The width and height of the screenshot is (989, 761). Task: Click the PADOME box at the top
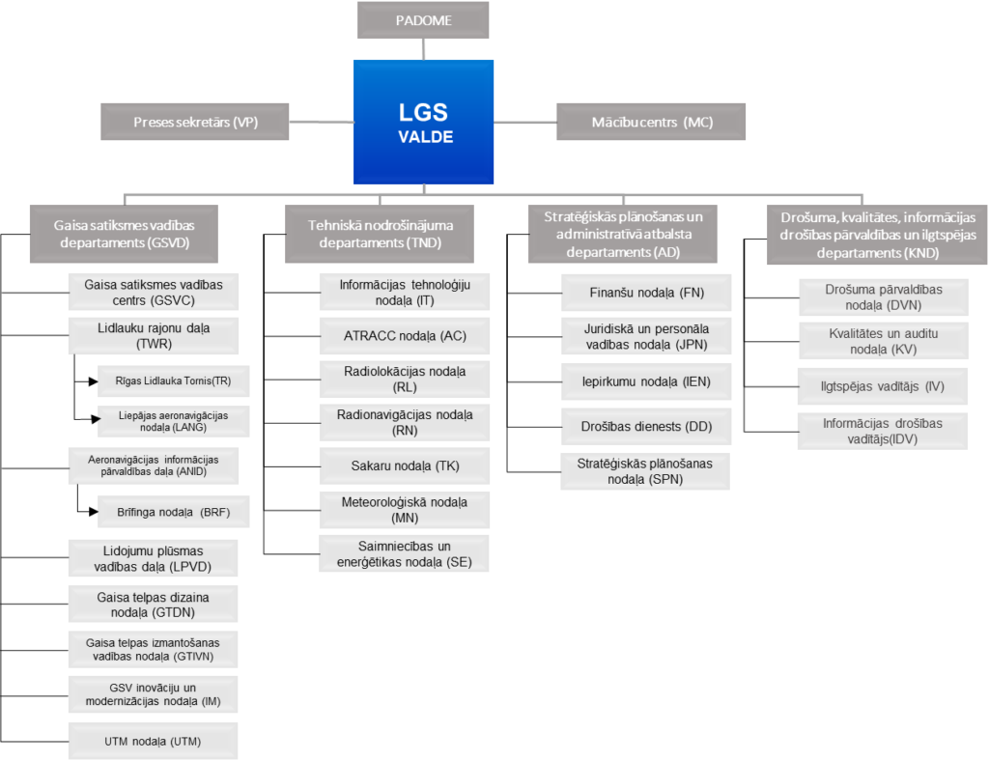[x=423, y=20]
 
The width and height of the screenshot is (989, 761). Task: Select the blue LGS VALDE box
[x=423, y=123]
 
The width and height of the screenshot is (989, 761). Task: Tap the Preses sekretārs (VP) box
[x=195, y=122]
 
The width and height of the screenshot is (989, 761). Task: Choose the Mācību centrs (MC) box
[x=651, y=122]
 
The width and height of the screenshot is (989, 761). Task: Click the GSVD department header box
[x=125, y=234]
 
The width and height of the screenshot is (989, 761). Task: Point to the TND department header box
[x=380, y=234]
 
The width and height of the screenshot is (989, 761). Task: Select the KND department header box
[x=877, y=236]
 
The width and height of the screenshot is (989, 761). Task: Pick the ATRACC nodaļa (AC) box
[x=405, y=336]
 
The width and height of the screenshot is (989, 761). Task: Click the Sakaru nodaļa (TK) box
[x=405, y=465]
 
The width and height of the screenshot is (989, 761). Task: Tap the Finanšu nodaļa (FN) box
[x=646, y=293]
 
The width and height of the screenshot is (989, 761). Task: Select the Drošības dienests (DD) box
[x=646, y=427]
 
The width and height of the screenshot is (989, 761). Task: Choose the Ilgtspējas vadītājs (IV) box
[x=883, y=386]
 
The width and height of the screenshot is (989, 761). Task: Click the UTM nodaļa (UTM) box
[x=154, y=742]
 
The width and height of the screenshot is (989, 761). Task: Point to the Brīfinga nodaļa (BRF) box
[x=174, y=512]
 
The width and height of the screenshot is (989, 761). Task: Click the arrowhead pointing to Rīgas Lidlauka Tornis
[x=94, y=381]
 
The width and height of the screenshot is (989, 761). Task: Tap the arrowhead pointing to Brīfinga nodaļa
[x=94, y=512]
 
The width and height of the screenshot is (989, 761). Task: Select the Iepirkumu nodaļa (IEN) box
[x=646, y=381]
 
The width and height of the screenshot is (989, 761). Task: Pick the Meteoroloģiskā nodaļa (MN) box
[x=405, y=510]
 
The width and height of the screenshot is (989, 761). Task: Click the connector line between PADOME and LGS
[x=423, y=49]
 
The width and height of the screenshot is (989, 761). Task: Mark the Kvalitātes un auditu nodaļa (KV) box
[x=884, y=341]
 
